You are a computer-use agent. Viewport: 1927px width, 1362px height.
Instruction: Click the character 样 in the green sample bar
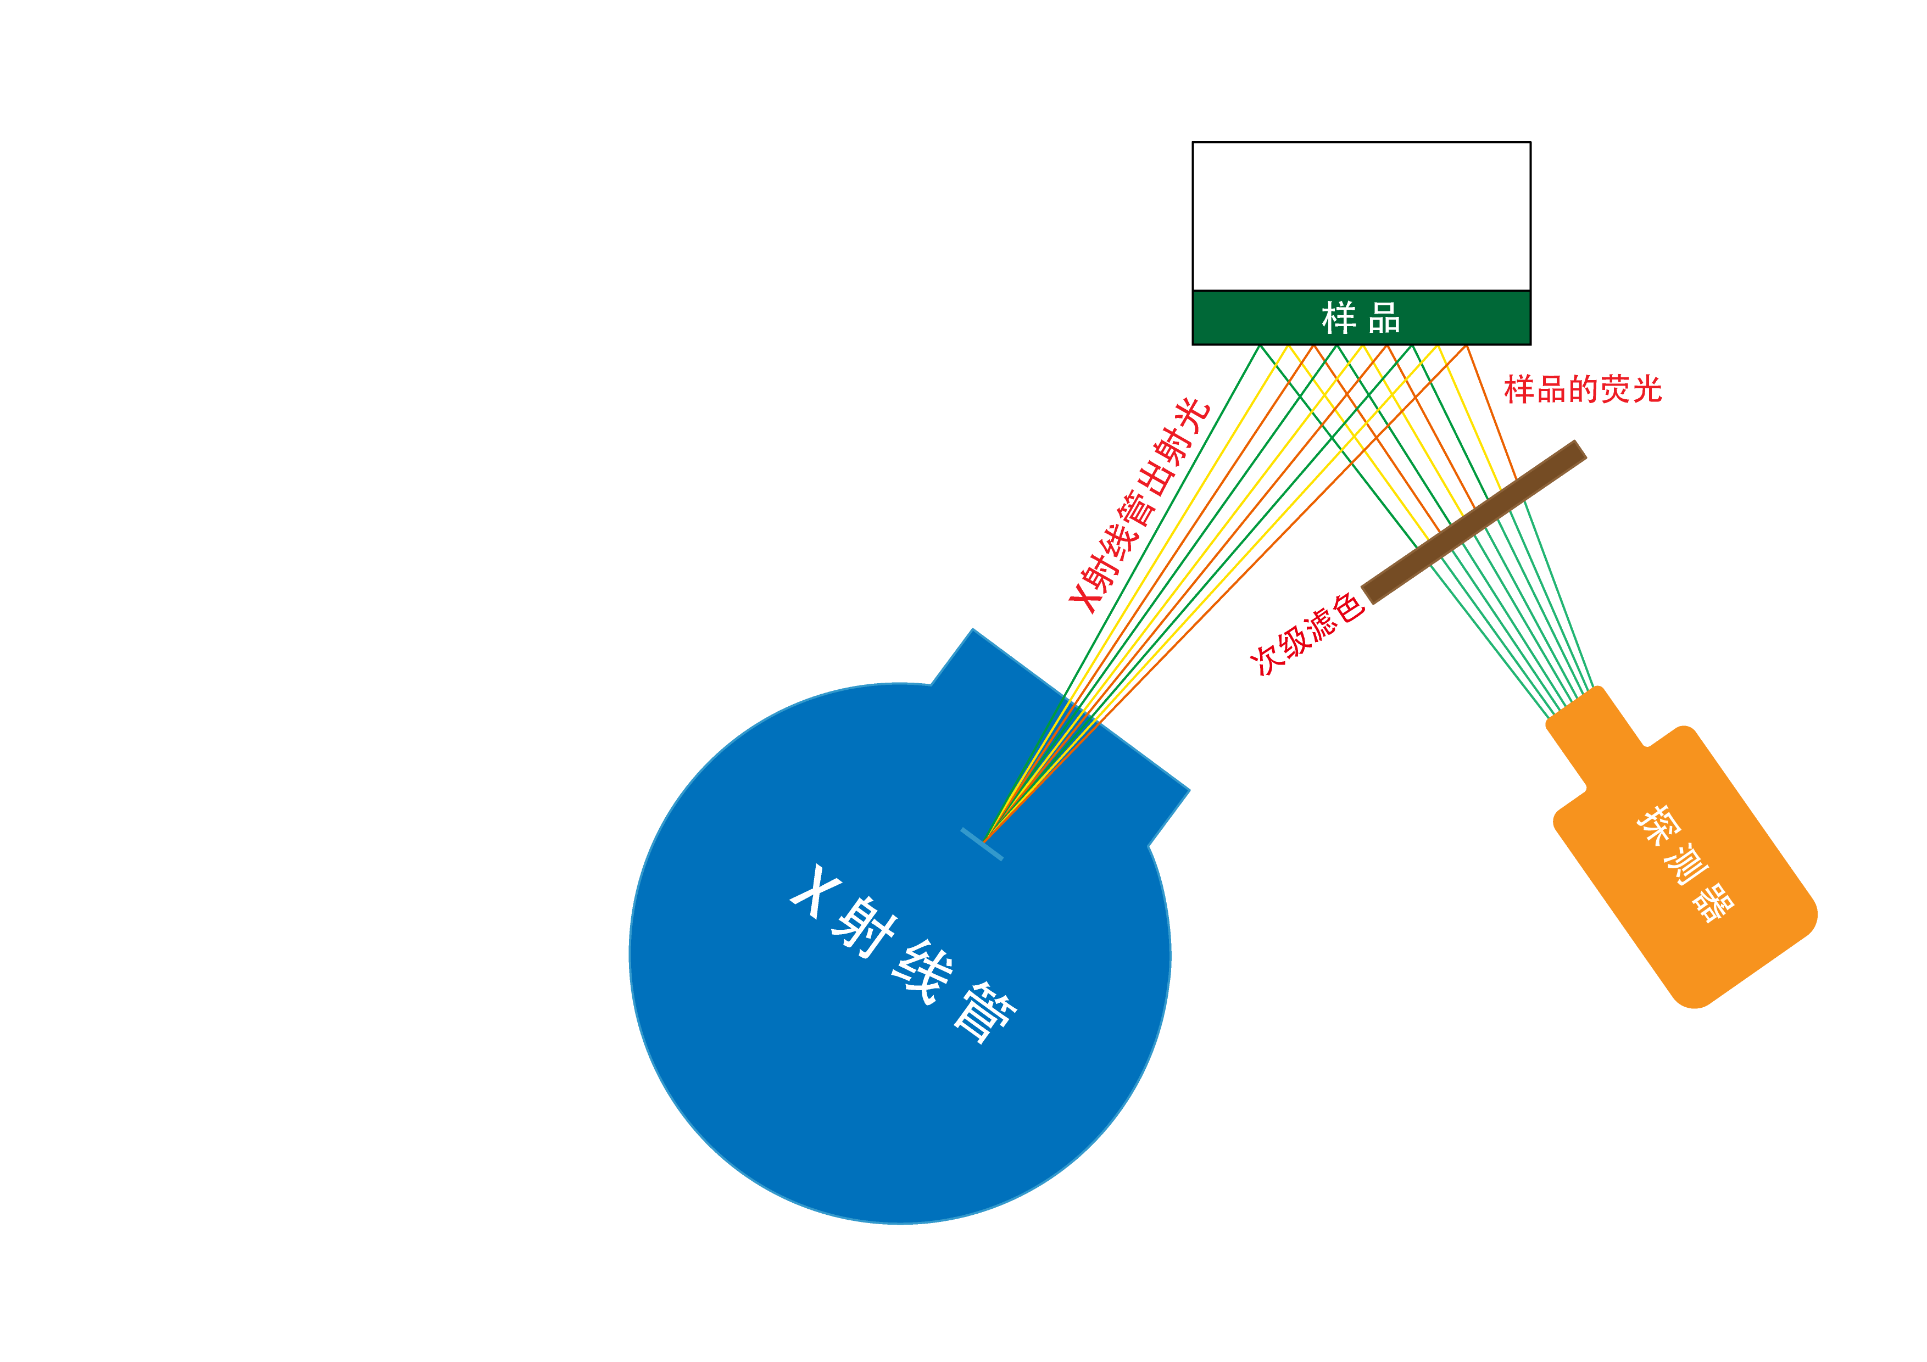coord(1339,318)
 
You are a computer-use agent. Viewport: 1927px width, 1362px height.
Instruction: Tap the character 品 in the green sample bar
coord(1384,318)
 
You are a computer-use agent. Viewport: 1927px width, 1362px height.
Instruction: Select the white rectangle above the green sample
coord(1313,216)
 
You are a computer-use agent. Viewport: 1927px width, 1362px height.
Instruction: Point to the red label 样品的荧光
coord(1582,389)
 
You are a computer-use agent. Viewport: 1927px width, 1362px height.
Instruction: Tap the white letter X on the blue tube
coord(814,890)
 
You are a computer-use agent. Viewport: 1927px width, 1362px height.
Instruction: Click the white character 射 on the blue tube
coord(865,926)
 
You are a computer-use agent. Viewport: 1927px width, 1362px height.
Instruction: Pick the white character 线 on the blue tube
coord(922,971)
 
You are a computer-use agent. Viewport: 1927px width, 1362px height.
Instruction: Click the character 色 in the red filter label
coord(1348,607)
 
